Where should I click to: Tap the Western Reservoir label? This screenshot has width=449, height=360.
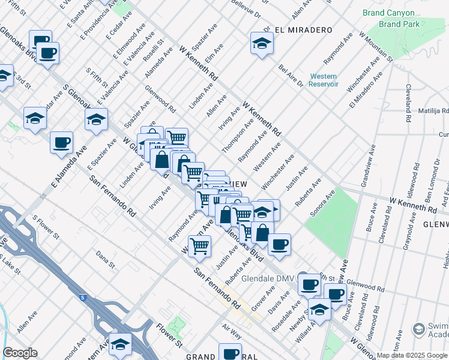(324, 80)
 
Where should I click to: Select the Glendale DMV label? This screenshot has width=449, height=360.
(266, 279)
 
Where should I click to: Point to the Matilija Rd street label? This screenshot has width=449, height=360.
(434, 111)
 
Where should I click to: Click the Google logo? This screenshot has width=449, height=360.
(20, 353)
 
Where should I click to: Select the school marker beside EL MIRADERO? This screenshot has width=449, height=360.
(262, 44)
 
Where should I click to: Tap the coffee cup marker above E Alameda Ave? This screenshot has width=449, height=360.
(61, 143)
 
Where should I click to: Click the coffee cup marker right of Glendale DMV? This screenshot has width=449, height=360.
(309, 284)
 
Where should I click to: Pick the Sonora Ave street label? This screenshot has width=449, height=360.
(322, 205)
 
